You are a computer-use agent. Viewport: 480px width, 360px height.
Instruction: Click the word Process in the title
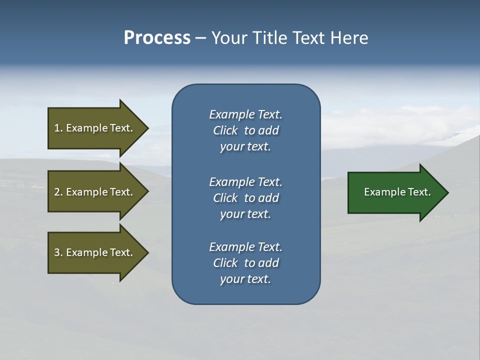(157, 38)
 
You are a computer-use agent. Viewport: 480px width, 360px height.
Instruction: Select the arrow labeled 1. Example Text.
(95, 128)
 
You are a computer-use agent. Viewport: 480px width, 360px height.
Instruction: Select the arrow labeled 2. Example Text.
(95, 192)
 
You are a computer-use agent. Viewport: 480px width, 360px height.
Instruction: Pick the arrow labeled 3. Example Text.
(95, 252)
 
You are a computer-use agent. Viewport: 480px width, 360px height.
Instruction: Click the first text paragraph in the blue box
(245, 130)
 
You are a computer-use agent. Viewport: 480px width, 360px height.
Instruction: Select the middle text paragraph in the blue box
(245, 197)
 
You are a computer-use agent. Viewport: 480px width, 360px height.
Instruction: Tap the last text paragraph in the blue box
(245, 263)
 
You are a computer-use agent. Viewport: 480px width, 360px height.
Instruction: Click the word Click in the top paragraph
(225, 130)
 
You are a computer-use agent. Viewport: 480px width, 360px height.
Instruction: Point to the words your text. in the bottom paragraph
(245, 279)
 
